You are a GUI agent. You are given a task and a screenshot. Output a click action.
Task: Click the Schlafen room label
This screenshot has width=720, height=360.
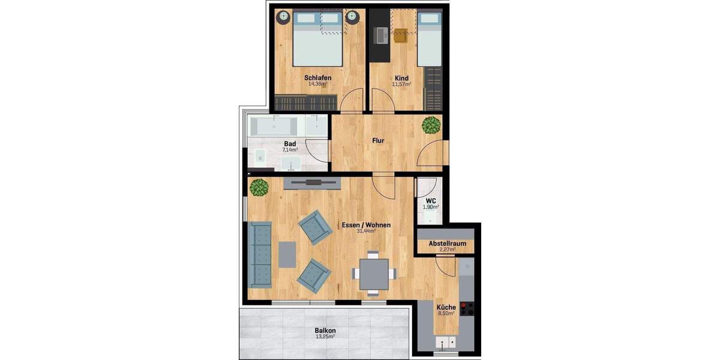[317, 78]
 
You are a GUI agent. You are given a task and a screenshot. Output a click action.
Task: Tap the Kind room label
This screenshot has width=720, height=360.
[401, 78]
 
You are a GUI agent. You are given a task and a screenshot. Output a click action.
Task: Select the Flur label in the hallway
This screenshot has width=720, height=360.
[378, 141]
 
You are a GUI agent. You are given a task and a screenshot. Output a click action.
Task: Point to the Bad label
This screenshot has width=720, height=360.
[290, 144]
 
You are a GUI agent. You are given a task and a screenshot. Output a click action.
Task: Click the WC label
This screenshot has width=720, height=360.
[430, 200]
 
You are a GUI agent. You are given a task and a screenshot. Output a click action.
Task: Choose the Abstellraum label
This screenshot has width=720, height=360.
[447, 244]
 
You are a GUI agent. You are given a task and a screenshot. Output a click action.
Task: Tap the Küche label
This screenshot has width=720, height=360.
[446, 307]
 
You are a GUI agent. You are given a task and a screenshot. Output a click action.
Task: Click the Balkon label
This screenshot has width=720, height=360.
[325, 331]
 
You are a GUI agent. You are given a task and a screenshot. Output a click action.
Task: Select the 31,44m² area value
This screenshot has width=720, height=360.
[366, 231]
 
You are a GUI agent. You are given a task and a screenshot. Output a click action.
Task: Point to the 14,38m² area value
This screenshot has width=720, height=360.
[317, 84]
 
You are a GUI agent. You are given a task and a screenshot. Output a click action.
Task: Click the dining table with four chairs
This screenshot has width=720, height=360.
[373, 274]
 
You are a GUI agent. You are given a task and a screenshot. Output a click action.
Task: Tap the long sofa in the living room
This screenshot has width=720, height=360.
[259, 254]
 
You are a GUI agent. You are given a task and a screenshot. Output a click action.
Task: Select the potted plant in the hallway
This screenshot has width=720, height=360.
[431, 125]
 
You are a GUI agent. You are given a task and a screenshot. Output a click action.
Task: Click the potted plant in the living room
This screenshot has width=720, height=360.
[259, 187]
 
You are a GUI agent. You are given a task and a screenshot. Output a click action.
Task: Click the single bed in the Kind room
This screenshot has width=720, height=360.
[428, 39]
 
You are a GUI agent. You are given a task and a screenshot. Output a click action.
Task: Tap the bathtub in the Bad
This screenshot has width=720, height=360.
[274, 127]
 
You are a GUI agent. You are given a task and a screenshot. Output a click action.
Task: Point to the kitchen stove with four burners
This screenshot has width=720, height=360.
[467, 309]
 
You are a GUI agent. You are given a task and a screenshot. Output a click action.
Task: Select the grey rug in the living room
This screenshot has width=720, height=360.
[287, 254]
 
